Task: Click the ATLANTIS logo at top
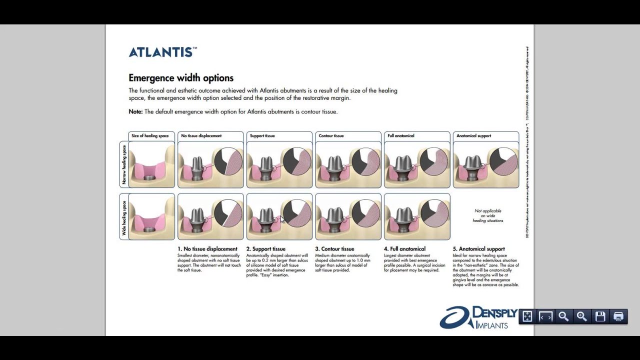click(x=162, y=52)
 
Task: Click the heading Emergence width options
click(x=181, y=78)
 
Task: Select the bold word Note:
click(x=135, y=111)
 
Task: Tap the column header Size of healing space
click(x=150, y=136)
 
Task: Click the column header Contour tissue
click(x=331, y=136)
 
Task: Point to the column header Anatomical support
click(x=474, y=136)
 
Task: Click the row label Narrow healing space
click(x=124, y=164)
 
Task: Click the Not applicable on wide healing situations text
click(x=488, y=215)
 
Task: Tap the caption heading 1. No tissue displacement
click(x=207, y=249)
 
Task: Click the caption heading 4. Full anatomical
click(x=404, y=249)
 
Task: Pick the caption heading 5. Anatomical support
click(x=478, y=249)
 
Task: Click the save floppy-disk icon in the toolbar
click(x=600, y=316)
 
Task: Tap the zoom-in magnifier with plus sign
click(x=581, y=316)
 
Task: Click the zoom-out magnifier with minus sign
click(x=563, y=316)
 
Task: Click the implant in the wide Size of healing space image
click(x=149, y=230)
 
